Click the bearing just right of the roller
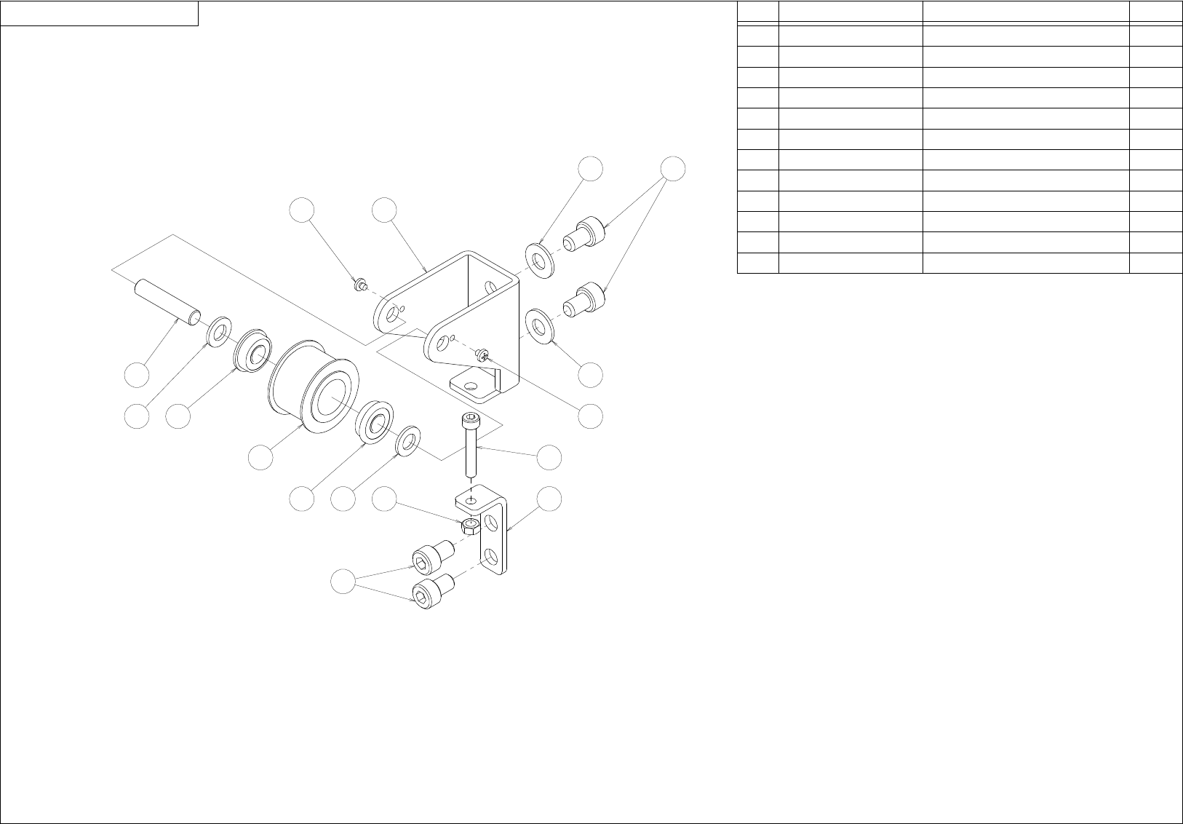(375, 421)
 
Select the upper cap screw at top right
(586, 235)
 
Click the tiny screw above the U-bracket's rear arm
(359, 285)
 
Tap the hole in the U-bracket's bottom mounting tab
(472, 385)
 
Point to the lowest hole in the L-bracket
(493, 558)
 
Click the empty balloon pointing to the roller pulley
(260, 457)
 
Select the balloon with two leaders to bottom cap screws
(343, 582)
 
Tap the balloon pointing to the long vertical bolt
(549, 457)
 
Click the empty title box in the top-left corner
(100, 13)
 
